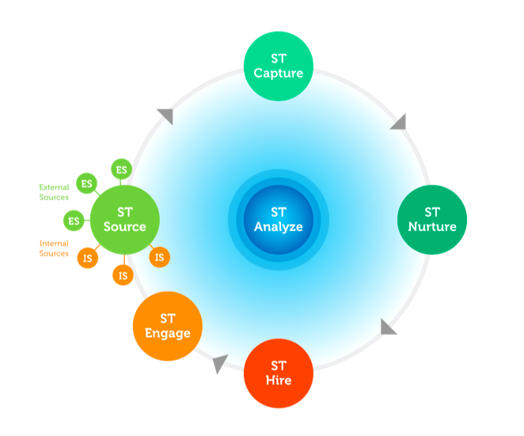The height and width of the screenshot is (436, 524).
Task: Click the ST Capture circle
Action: (x=279, y=66)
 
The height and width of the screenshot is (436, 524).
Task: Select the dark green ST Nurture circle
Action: (x=431, y=219)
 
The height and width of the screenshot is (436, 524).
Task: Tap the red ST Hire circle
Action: (x=279, y=373)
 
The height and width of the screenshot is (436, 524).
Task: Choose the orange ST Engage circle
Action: (x=167, y=326)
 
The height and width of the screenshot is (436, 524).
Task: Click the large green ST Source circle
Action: (x=125, y=219)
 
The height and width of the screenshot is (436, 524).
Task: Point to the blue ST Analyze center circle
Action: (x=278, y=219)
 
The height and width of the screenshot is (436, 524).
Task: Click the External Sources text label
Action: (x=54, y=192)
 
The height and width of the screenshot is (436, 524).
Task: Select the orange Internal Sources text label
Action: (x=54, y=248)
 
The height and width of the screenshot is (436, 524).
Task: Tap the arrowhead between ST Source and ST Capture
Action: (x=165, y=116)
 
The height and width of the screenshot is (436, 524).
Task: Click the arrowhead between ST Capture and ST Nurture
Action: (x=398, y=122)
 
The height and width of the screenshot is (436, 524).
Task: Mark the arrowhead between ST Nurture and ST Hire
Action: (x=388, y=327)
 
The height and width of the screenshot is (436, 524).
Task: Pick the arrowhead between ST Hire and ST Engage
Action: (x=220, y=363)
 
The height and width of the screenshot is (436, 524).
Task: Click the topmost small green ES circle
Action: (x=121, y=169)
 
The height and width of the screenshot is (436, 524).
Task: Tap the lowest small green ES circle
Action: (x=74, y=221)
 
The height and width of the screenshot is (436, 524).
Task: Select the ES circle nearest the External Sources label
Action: (x=86, y=184)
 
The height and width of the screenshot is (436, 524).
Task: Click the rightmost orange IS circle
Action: (x=159, y=257)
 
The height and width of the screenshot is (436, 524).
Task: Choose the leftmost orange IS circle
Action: (x=86, y=257)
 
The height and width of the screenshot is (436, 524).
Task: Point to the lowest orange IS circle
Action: (x=122, y=275)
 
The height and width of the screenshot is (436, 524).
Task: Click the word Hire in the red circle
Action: (x=279, y=381)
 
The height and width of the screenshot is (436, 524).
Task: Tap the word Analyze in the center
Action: (x=278, y=227)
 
